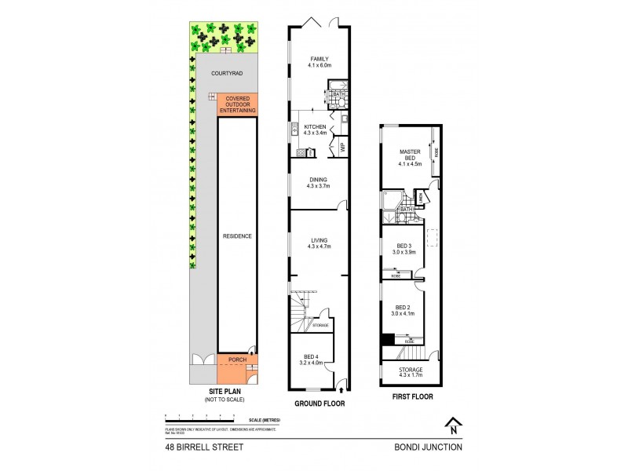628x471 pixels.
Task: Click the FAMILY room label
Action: tap(319, 62)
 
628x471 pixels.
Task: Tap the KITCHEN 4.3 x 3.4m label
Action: tap(316, 130)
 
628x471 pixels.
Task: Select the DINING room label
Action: tap(319, 183)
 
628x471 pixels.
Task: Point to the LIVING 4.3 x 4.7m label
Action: tap(319, 243)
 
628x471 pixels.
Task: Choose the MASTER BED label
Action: tap(411, 158)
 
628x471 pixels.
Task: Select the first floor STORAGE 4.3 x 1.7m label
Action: tap(411, 372)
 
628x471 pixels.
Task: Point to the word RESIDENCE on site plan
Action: tap(237, 235)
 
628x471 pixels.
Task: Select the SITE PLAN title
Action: tap(225, 394)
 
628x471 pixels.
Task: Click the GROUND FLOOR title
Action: tap(319, 403)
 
